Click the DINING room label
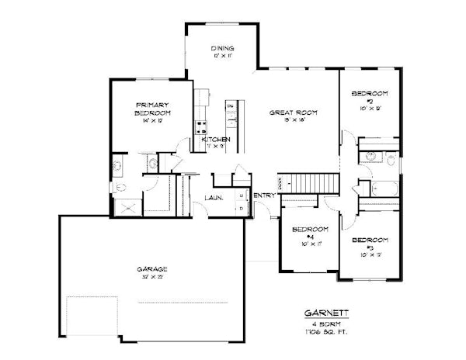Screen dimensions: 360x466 pyautogui.click(x=222, y=49)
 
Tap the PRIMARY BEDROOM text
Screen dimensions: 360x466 pyautogui.click(x=152, y=109)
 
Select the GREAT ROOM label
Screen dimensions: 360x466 pyautogui.click(x=290, y=112)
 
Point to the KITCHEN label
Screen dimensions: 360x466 pyautogui.click(x=216, y=139)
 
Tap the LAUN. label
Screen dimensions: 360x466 pyautogui.click(x=214, y=197)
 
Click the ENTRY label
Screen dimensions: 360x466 pyautogui.click(x=264, y=195)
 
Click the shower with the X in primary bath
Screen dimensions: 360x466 pyautogui.click(x=125, y=207)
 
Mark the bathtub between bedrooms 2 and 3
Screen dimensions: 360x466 pyautogui.click(x=385, y=188)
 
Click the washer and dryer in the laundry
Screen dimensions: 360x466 pyautogui.click(x=241, y=200)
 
